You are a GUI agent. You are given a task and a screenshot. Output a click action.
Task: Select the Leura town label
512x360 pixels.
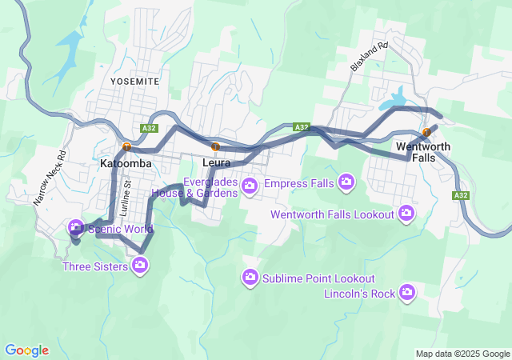click(217, 162)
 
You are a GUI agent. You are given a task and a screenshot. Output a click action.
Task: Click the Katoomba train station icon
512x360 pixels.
click(127, 146)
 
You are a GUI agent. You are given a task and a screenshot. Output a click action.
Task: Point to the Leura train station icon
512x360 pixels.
click(215, 146)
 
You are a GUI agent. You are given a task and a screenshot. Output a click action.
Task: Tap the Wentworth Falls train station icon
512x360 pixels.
click(426, 133)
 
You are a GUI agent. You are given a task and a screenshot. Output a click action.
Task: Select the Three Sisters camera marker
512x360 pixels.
click(141, 266)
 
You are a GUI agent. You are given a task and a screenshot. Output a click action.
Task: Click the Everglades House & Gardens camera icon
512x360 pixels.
click(250, 186)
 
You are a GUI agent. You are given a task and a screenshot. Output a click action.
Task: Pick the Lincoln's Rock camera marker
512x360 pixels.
click(407, 293)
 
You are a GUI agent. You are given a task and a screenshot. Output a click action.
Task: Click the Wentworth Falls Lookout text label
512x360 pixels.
click(333, 214)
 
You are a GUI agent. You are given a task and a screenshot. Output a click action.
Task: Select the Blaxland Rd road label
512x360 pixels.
click(368, 58)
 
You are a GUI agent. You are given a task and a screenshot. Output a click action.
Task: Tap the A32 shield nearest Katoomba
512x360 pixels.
click(148, 127)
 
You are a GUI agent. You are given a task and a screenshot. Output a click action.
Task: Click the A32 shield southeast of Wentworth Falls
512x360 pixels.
click(460, 195)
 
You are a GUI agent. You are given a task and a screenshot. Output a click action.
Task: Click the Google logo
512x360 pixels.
click(26, 350)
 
